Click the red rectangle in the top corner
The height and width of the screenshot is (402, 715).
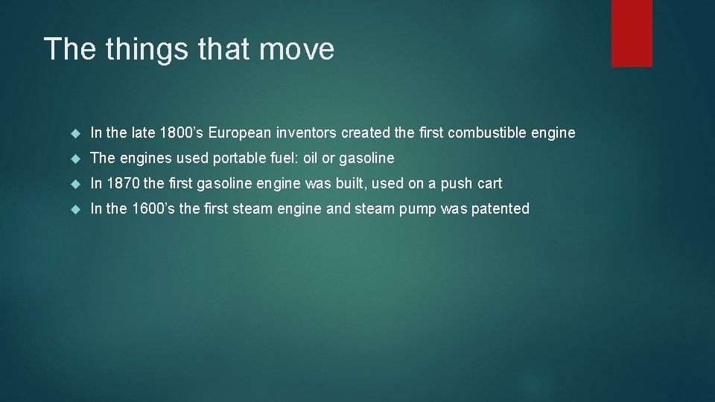(632, 33)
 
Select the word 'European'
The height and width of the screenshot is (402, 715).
(241, 133)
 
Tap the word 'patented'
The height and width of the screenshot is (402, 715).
(499, 209)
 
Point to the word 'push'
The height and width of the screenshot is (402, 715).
(457, 184)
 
